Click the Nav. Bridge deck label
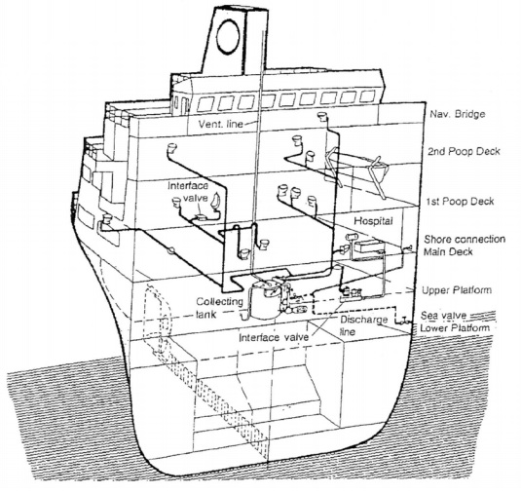(x=458, y=114)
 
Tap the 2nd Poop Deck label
(x=464, y=151)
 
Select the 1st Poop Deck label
(x=460, y=201)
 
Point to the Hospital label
(x=373, y=221)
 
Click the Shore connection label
(x=465, y=239)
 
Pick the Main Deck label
(x=448, y=251)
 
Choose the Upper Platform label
(x=456, y=290)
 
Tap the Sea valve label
(x=444, y=315)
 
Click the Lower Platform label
(x=455, y=328)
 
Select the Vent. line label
(x=221, y=124)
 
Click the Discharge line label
(x=364, y=325)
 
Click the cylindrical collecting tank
(x=265, y=300)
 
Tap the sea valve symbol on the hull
(x=404, y=321)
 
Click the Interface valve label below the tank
(x=274, y=337)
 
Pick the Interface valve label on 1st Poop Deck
(x=188, y=192)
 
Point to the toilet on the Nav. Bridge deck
(x=321, y=116)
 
